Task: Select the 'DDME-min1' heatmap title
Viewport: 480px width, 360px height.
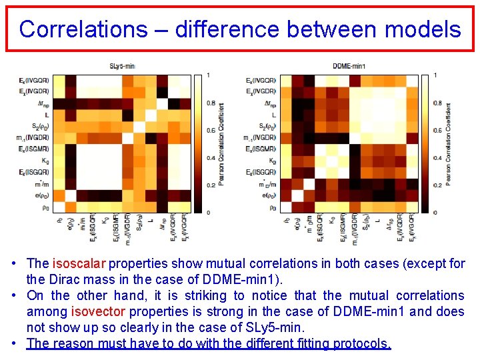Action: pos(349,66)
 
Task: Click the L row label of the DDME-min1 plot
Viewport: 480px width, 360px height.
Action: pos(273,115)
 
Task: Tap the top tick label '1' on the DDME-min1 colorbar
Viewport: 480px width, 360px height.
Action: pos(435,75)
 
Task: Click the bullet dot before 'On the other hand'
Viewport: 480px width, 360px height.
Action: pos(14,295)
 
